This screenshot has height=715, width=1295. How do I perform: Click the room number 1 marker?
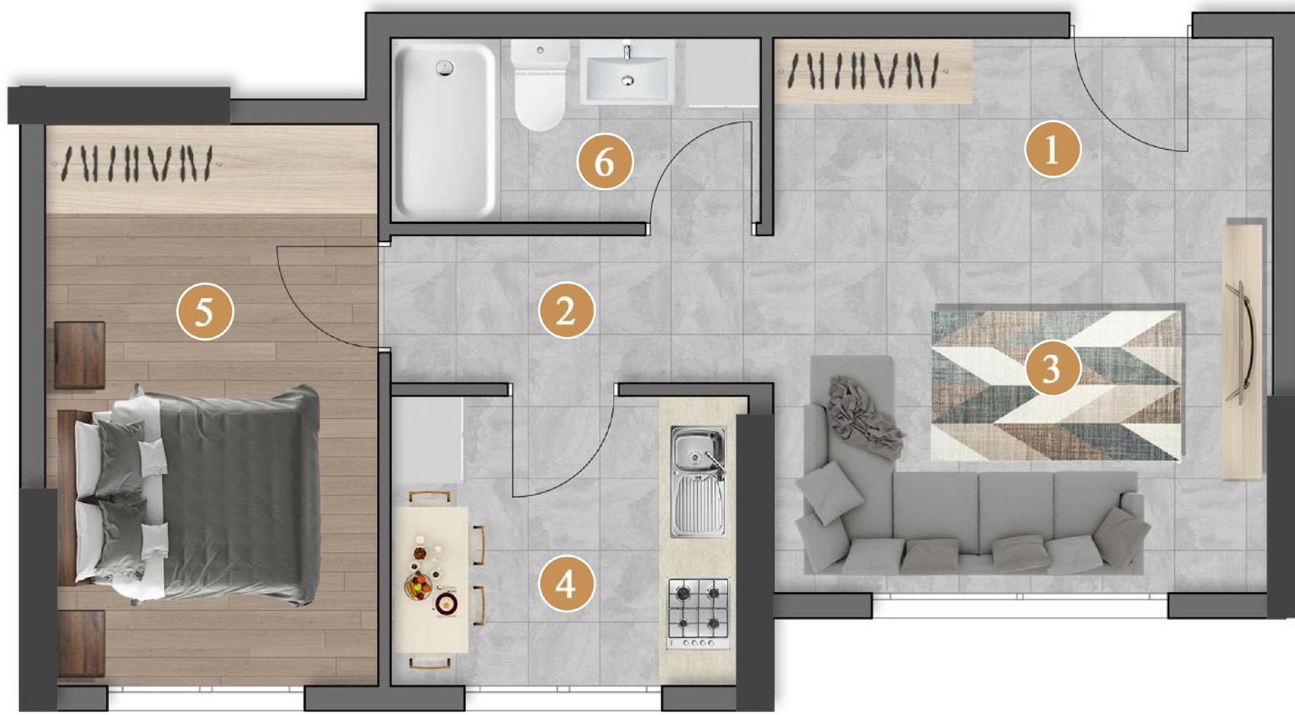(x=1052, y=148)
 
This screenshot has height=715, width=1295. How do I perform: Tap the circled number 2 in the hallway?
(x=567, y=310)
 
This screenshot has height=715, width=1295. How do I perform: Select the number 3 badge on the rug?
(x=1052, y=368)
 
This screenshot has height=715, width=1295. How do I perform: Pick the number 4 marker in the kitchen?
(x=567, y=583)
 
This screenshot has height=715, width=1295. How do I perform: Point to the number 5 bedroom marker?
(x=205, y=312)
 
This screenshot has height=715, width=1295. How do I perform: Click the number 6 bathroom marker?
(x=605, y=161)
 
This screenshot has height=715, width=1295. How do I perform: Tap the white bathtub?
(x=444, y=129)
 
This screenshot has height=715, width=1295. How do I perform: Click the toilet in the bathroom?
(x=540, y=84)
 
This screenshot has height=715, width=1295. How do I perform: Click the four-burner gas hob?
(x=699, y=612)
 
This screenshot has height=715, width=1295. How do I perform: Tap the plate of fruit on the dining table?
(x=418, y=585)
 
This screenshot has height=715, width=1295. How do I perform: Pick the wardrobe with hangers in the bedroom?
(x=210, y=170)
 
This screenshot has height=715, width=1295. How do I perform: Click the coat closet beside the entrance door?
(x=873, y=71)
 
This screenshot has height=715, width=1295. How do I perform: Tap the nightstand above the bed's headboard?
(x=80, y=355)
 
